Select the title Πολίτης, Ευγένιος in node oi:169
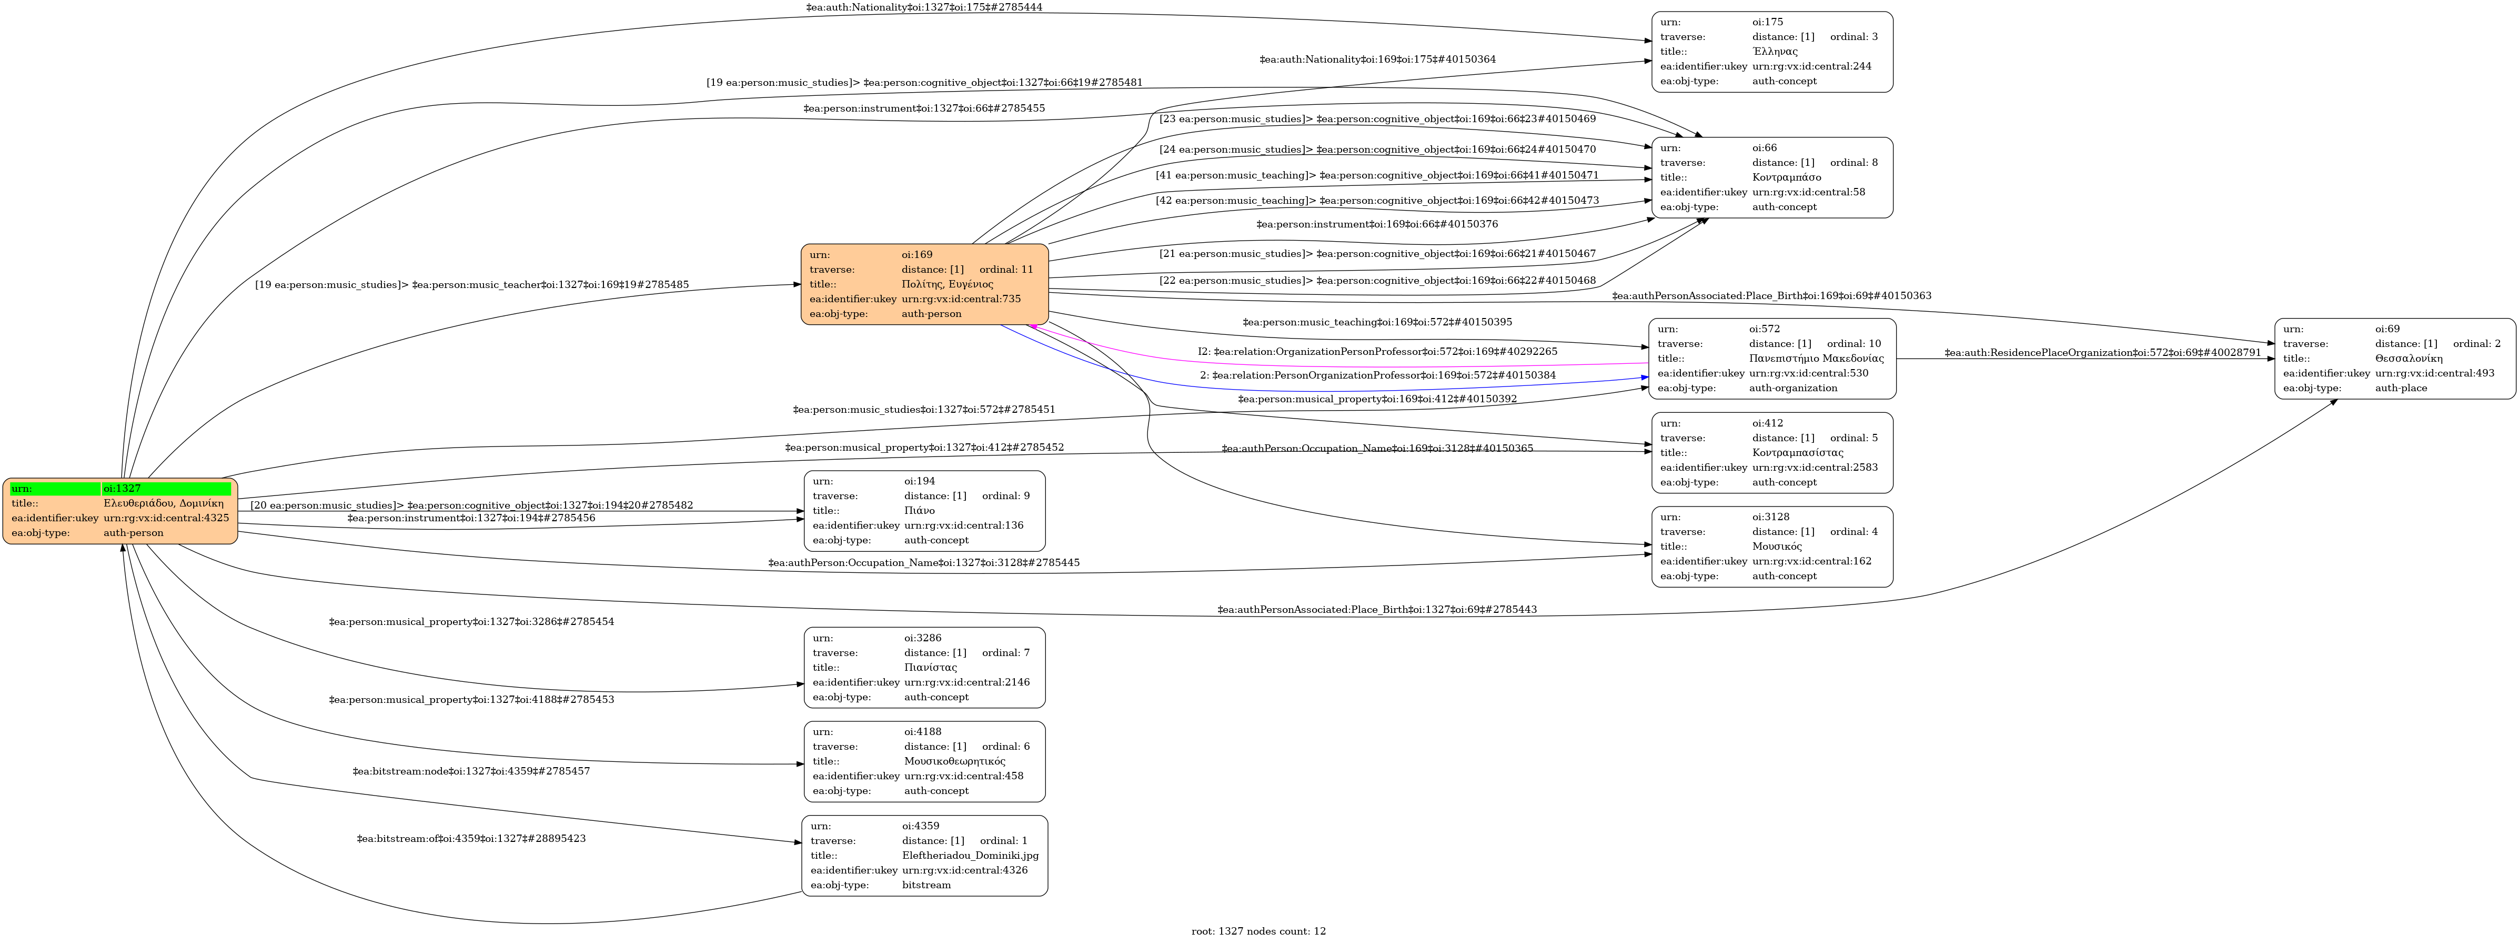946,284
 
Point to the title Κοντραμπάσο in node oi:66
1787,177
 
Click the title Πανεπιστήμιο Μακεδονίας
1816,358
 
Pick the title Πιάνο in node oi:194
919,511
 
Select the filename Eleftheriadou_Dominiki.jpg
970,855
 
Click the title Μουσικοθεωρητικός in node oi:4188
954,761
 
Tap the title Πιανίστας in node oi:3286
930,667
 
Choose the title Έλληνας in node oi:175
1775,51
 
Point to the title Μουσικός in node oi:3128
1777,546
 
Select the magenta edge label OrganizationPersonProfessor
1378,351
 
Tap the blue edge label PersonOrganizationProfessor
1378,375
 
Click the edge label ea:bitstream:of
471,838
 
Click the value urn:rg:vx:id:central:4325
166,518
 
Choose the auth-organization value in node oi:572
1792,388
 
